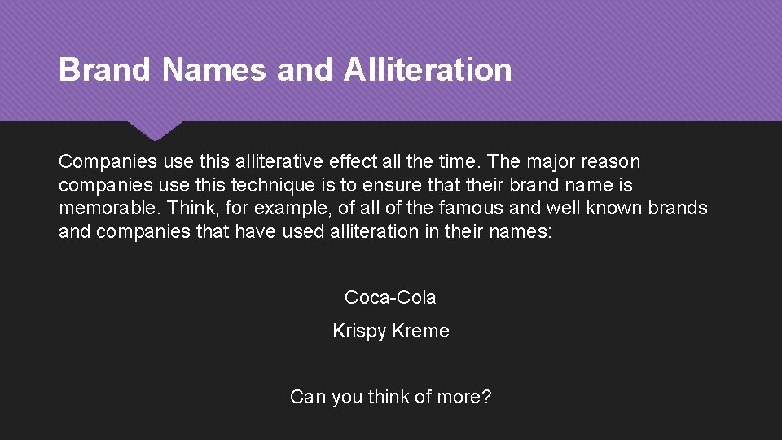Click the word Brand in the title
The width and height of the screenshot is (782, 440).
click(104, 70)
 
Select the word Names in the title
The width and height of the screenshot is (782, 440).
click(214, 70)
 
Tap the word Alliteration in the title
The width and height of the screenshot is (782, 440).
click(428, 70)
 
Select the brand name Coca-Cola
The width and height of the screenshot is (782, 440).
click(390, 297)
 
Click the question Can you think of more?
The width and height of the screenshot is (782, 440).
click(390, 398)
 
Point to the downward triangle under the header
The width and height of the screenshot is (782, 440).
click(154, 129)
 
